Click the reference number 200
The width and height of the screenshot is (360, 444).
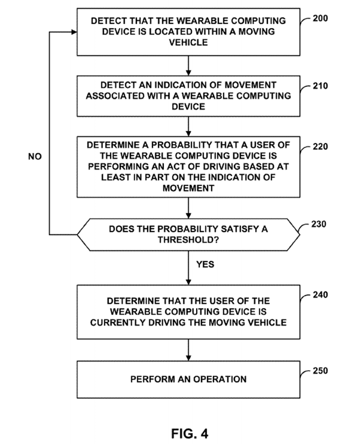(320, 18)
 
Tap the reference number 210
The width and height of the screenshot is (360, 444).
(320, 86)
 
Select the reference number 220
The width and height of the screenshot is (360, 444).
(320, 147)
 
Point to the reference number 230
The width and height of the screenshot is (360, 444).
(319, 224)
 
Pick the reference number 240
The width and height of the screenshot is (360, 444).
(320, 295)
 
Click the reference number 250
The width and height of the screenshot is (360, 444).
(320, 371)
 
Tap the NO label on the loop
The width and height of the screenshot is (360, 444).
(35, 156)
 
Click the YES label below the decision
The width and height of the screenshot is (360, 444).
(205, 264)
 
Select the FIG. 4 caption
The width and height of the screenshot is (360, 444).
(190, 434)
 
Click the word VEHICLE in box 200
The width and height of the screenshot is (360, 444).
(188, 43)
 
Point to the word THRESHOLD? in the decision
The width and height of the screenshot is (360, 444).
(188, 240)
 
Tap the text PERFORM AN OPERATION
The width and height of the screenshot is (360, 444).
(188, 379)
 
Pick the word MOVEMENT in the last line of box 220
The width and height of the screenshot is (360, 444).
(188, 188)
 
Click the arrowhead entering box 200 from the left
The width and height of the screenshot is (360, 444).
(74, 32)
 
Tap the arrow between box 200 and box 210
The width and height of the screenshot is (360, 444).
(188, 66)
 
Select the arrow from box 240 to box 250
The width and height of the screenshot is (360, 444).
(188, 350)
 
